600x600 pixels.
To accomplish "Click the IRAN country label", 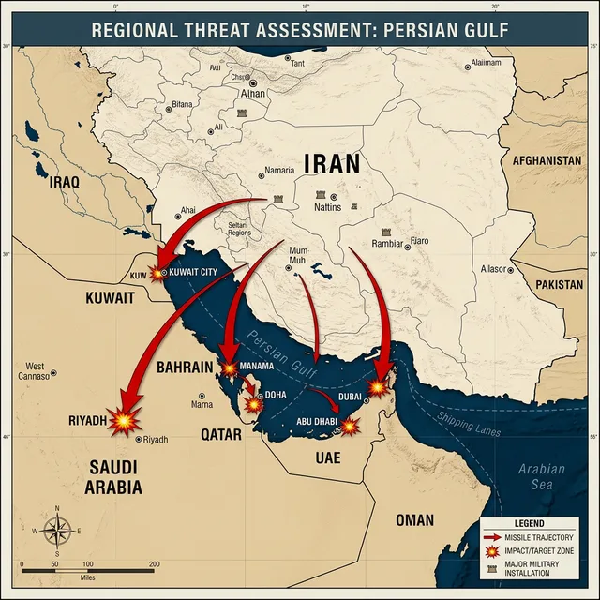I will coord(330,165).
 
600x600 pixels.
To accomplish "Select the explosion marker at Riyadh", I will coord(123,422).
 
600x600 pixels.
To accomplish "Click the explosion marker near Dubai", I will coord(377,386).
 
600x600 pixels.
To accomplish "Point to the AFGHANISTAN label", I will coord(547,160).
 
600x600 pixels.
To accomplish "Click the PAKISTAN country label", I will coord(559,283).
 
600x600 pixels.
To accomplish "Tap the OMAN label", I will coord(414,519).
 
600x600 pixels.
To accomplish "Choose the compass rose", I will coord(56,532).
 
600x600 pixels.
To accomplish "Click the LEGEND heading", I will coord(530,522).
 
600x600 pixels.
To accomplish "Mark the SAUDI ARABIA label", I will coord(115,476).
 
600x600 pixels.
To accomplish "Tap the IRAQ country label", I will coord(52,182).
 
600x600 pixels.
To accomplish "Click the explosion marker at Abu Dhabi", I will coord(349,427).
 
